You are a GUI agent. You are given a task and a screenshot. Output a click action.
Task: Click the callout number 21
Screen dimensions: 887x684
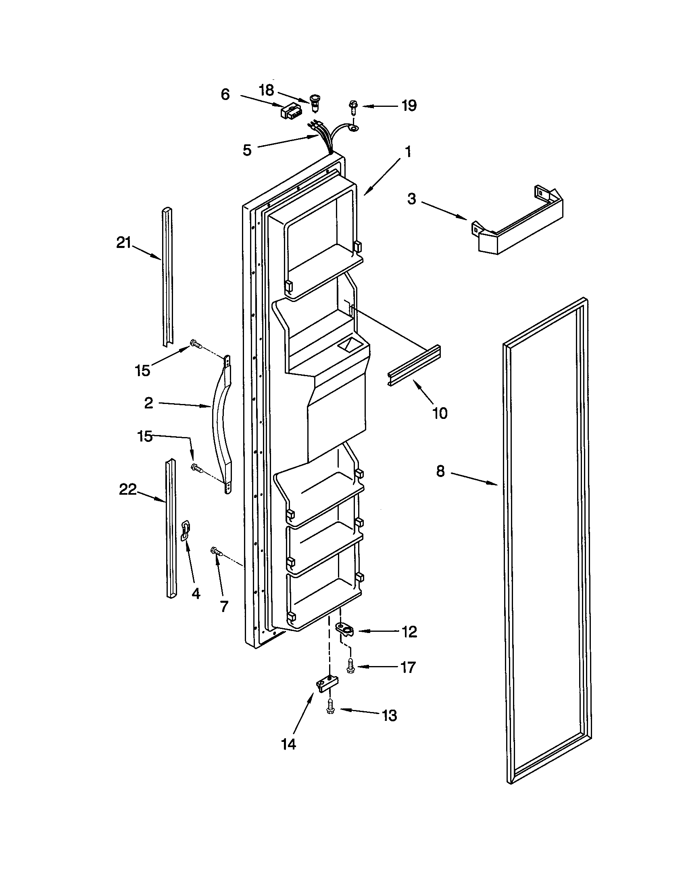tap(124, 242)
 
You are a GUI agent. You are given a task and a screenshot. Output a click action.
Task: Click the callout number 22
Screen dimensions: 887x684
tap(127, 489)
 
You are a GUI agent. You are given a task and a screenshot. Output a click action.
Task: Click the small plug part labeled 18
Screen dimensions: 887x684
tap(315, 102)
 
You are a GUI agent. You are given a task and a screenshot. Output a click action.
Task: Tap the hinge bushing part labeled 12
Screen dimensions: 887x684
tap(345, 630)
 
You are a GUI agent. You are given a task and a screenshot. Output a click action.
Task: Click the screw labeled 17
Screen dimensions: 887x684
tap(350, 666)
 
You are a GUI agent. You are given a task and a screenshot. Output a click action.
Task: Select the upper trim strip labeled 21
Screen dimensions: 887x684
tap(167, 276)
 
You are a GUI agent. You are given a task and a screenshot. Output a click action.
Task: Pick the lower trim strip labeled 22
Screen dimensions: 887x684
tap(171, 528)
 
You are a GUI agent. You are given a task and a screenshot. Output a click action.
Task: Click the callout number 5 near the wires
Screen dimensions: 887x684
tap(247, 150)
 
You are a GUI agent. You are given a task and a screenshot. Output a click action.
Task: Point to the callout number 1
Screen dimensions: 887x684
tap(408, 152)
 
